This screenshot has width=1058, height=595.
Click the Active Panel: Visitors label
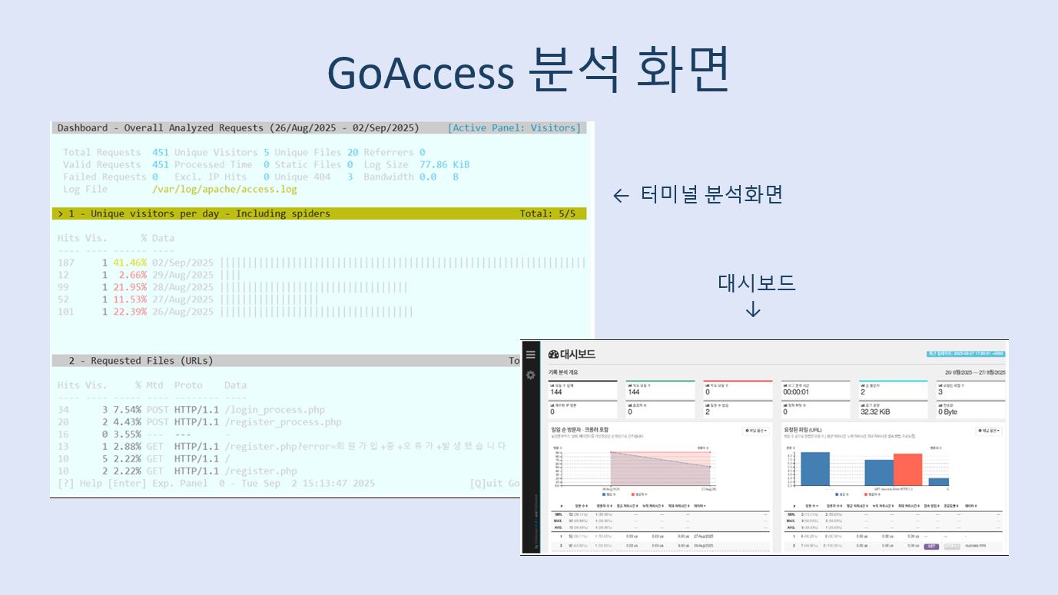pyautogui.click(x=514, y=127)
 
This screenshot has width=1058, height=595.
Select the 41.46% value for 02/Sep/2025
pyautogui.click(x=129, y=263)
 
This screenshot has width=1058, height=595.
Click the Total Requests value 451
pyautogui.click(x=160, y=152)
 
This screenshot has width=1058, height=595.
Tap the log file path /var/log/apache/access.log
pyautogui.click(x=224, y=189)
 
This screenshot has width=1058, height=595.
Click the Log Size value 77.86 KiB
pyautogui.click(x=443, y=164)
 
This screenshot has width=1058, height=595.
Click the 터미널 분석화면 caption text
pyautogui.click(x=711, y=195)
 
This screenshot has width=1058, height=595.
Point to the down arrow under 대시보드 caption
pyautogui.click(x=753, y=309)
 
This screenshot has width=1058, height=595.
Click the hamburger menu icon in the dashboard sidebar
pyautogui.click(x=530, y=355)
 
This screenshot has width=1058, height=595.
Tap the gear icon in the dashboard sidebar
pyautogui.click(x=530, y=375)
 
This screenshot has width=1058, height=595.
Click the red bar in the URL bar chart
pyautogui.click(x=907, y=469)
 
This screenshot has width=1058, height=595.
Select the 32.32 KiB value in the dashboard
pyautogui.click(x=874, y=412)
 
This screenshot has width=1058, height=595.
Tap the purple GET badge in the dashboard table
pyautogui.click(x=930, y=546)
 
